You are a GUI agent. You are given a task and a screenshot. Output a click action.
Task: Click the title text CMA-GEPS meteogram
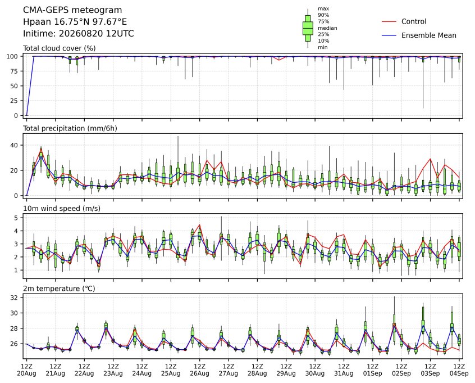pyautogui.click(x=72, y=10)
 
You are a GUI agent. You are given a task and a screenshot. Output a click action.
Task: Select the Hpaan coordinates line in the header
pyautogui.click(x=75, y=22)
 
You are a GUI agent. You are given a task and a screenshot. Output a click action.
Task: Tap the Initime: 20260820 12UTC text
pyautogui.click(x=79, y=33)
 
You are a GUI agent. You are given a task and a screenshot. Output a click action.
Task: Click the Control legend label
pyautogui.click(x=413, y=21)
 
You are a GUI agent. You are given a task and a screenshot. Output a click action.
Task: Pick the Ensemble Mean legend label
pyautogui.click(x=428, y=35)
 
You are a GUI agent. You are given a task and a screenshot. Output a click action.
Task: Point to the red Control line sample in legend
pyautogui.click(x=389, y=22)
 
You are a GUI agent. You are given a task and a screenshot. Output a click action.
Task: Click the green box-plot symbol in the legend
pyautogui.click(x=308, y=28)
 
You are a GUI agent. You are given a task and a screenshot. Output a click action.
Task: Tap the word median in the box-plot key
pyautogui.click(x=327, y=28)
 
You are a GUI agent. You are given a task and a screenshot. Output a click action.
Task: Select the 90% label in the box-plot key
pyautogui.click(x=323, y=15)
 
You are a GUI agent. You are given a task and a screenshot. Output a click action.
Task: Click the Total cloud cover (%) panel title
pyautogui.click(x=60, y=48)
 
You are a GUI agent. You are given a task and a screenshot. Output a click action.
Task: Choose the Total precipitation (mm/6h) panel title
pyautogui.click(x=70, y=128)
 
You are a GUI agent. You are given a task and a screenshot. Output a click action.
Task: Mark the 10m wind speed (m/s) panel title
pyautogui.click(x=62, y=209)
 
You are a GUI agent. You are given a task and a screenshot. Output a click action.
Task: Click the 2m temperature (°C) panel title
pyautogui.click(x=59, y=289)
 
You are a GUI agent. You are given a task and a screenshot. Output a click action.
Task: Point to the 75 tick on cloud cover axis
pyautogui.click(x=14, y=71)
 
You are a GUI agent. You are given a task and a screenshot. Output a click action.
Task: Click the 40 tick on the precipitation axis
pyautogui.click(x=14, y=145)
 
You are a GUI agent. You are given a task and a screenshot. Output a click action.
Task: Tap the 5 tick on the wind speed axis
pyautogui.click(x=16, y=218)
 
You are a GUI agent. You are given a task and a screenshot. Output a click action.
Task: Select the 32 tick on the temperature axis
pyautogui.click(x=14, y=298)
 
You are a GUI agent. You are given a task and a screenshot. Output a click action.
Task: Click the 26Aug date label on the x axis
pyautogui.click(x=200, y=373)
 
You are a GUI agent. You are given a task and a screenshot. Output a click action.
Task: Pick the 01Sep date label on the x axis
pyautogui.click(x=373, y=373)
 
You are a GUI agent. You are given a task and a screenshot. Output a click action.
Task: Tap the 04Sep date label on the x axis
pyautogui.click(x=459, y=373)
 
